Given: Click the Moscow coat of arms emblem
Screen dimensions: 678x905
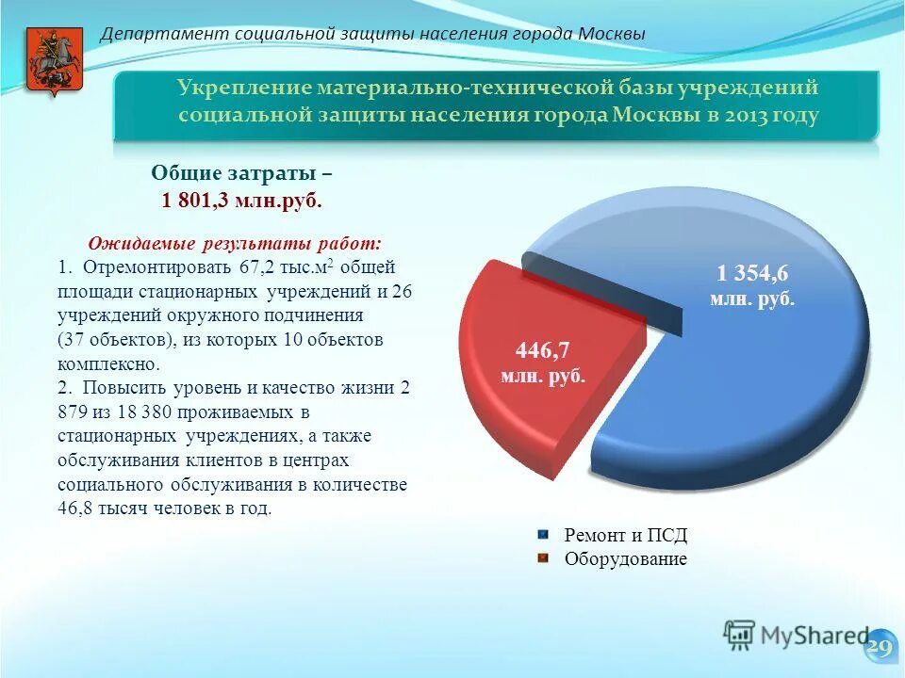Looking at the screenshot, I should pyautogui.click(x=47, y=61).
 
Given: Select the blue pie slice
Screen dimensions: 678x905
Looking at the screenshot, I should pyautogui.click(x=754, y=377).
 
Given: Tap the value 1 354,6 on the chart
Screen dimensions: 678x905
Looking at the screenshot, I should pyautogui.click(x=752, y=274).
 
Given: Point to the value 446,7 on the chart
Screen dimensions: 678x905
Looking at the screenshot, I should pyautogui.click(x=542, y=351).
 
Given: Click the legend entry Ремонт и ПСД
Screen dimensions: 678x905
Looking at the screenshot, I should pyautogui.click(x=626, y=536).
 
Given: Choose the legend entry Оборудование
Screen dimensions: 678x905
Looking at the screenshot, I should pyautogui.click(x=626, y=559).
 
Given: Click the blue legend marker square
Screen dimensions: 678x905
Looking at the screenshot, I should pyautogui.click(x=543, y=535).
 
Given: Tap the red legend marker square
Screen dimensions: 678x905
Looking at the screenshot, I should pyautogui.click(x=543, y=558).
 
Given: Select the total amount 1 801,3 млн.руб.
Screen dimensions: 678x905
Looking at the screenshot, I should pyautogui.click(x=241, y=201).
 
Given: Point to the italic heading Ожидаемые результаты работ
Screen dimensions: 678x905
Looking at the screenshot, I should pyautogui.click(x=235, y=244).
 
